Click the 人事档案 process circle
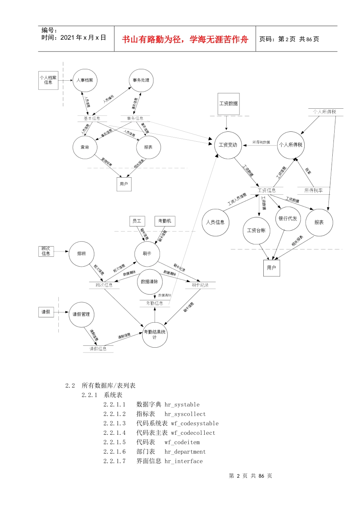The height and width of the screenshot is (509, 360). (x=85, y=80)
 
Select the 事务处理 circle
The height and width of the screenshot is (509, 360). (x=141, y=80)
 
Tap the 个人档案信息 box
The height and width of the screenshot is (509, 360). (x=48, y=80)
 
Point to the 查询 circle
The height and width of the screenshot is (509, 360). (x=85, y=147)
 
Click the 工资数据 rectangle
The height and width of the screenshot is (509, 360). (x=229, y=103)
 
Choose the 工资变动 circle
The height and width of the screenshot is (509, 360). (x=228, y=145)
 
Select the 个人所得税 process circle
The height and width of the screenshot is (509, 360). (x=291, y=145)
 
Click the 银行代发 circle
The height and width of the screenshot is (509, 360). (x=288, y=219)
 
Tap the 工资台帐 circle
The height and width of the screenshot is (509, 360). (x=257, y=230)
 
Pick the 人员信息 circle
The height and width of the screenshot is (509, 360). (x=215, y=222)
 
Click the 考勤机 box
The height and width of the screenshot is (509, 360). (x=165, y=221)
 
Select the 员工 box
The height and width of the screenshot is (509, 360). (x=137, y=221)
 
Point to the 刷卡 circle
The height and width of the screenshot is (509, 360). (x=147, y=254)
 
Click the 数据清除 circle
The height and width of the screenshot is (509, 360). (x=149, y=282)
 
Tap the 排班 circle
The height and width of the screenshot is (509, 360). (x=81, y=254)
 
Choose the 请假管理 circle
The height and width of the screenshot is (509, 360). (x=81, y=314)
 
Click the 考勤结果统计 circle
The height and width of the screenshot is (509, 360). (x=155, y=334)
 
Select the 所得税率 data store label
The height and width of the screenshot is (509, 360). (x=313, y=190)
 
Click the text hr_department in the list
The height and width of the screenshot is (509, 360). (x=185, y=452)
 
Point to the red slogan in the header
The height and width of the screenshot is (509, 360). (x=185, y=39)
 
